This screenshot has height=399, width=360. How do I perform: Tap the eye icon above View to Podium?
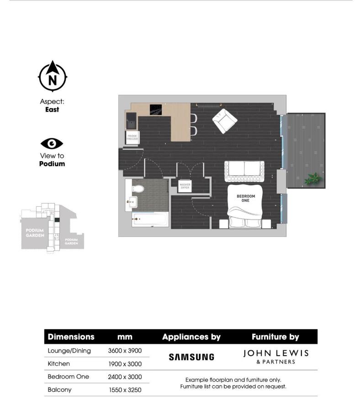tap(52, 144)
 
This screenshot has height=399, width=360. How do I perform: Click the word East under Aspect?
tap(52, 110)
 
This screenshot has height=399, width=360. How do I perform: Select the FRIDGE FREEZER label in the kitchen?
tap(132, 137)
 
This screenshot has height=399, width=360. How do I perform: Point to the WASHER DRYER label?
tap(185, 186)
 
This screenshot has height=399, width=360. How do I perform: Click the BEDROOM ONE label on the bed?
tap(245, 198)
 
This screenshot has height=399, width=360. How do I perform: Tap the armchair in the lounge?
tap(224, 121)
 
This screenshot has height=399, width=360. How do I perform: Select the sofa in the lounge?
tap(244, 171)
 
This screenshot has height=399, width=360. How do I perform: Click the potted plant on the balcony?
tap(313, 178)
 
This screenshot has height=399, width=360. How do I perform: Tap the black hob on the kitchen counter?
tap(155, 109)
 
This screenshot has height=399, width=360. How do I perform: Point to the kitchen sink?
tap(131, 121)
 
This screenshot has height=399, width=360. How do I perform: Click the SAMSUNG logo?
tap(191, 357)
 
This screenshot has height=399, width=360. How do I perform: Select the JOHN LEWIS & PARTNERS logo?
tap(275, 357)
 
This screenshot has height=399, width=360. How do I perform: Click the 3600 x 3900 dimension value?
tap(125, 351)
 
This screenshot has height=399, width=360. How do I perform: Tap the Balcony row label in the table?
tap(59, 390)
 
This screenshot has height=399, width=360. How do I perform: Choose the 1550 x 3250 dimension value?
tap(124, 390)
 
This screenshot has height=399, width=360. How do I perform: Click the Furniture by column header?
tap(275, 337)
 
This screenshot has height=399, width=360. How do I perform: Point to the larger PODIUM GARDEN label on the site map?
tap(35, 233)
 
